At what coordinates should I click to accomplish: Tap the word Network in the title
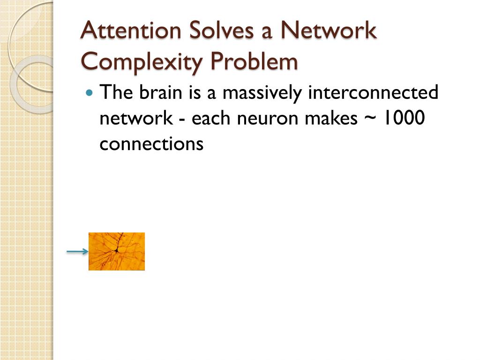coord(328,31)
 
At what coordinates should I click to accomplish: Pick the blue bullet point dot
coord(90,92)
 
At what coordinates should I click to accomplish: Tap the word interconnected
coord(373,92)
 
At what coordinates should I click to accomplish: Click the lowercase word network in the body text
coord(136,119)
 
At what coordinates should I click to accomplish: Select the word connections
coord(151,144)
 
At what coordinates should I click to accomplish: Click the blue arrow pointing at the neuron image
coord(77,252)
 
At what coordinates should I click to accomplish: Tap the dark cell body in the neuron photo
coord(117,251)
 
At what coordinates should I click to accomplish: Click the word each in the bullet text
coord(212,119)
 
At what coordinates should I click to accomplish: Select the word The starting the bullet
coord(116,92)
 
